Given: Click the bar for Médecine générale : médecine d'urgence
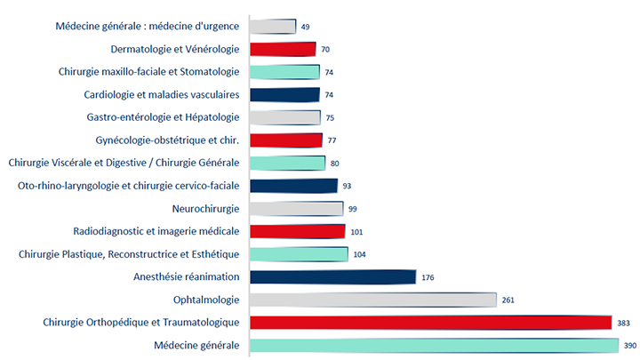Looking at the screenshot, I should tap(273, 27).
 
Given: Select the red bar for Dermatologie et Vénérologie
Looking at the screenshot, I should tap(284, 49).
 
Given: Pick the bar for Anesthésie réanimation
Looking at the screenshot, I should tap(333, 277).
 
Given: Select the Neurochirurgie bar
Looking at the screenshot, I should tap(297, 209).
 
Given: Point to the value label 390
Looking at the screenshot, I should tap(628, 345).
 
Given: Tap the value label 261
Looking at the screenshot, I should tap(508, 300).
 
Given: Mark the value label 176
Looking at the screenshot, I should tap(428, 277).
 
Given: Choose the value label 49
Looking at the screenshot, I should tap(306, 28).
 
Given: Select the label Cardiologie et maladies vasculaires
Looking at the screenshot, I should tap(162, 94).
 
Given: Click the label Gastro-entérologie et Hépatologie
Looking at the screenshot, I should tap(163, 117).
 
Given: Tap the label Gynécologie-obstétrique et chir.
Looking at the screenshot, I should tap(167, 140).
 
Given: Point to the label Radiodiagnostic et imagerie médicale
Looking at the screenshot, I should tap(156, 231).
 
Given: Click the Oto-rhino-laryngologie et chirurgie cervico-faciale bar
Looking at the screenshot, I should tap(294, 186).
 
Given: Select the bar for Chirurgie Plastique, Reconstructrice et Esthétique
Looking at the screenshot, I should tap(299, 254).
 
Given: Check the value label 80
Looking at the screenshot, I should tap(335, 164).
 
